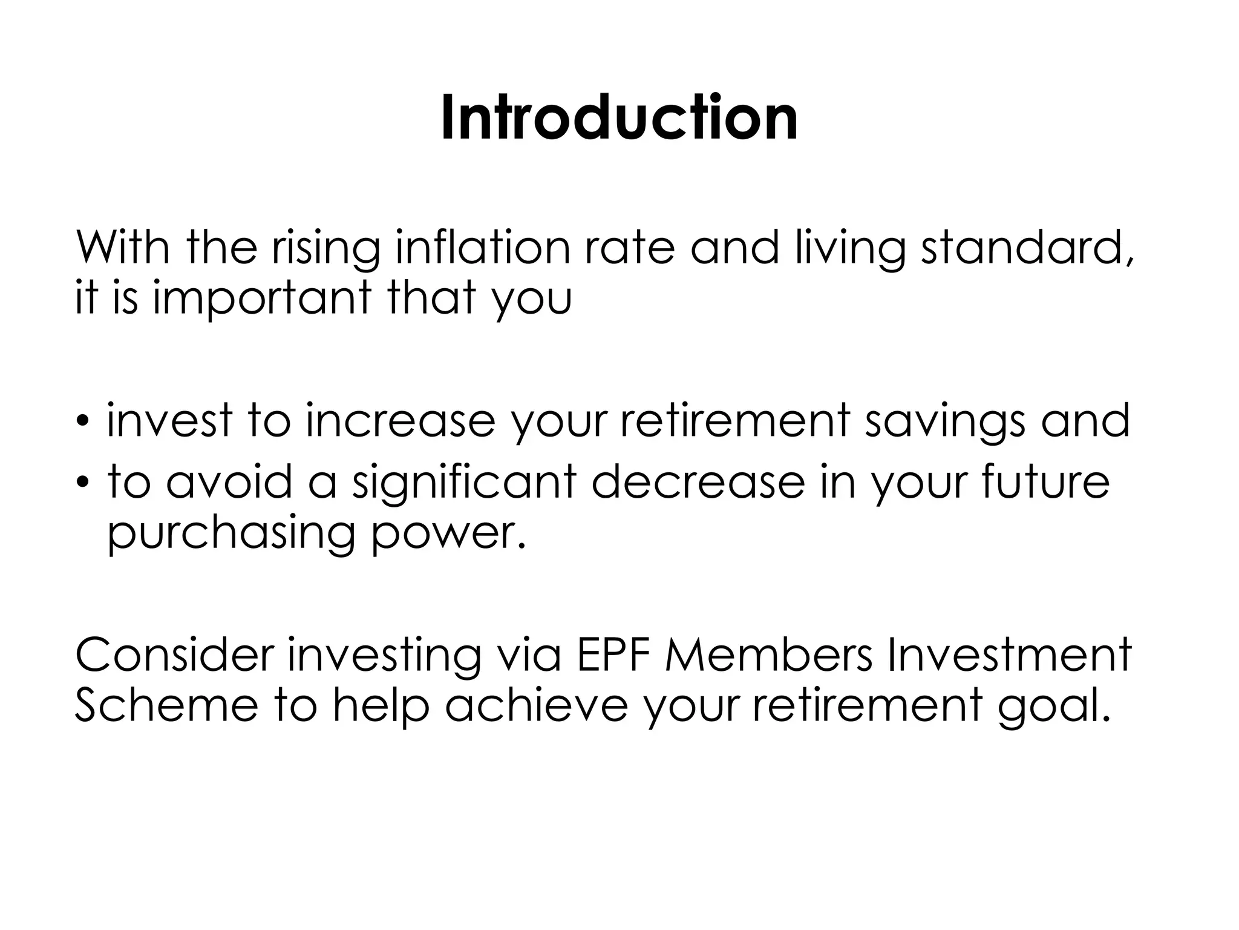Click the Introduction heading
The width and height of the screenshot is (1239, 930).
coord(619,119)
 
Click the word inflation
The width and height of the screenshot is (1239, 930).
coord(482,248)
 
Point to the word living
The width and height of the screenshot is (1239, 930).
coord(849,248)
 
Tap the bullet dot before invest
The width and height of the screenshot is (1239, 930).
coord(83,423)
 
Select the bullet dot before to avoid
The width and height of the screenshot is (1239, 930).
coord(83,483)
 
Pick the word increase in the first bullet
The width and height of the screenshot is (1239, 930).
coord(400,421)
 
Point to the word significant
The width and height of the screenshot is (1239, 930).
coord(464,483)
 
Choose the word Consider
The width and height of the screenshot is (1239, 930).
coord(174,655)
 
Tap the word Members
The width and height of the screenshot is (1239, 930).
coord(769,655)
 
